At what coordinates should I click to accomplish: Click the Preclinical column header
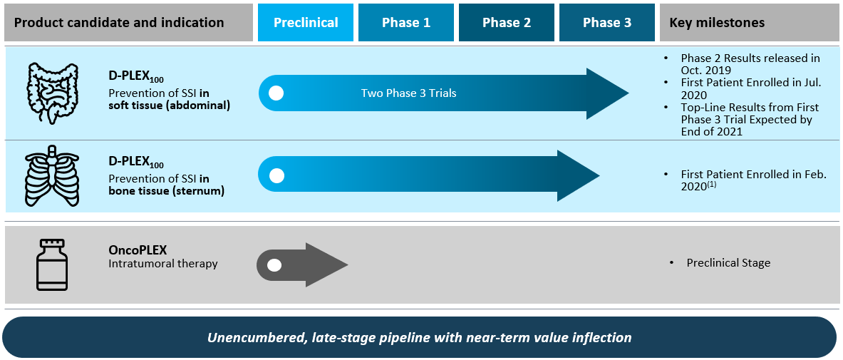(306, 23)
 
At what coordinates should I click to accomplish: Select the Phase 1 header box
(406, 23)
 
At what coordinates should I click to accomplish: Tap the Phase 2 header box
(507, 23)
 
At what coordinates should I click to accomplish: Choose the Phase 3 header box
(607, 23)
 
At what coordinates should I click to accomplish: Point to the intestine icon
(52, 93)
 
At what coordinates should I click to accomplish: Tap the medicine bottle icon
(52, 264)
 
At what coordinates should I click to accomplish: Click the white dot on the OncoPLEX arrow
(274, 265)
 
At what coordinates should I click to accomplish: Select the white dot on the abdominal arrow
(276, 93)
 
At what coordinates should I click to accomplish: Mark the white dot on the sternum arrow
(276, 175)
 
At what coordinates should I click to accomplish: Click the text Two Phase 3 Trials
(408, 93)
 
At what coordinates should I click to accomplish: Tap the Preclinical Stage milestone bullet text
(728, 263)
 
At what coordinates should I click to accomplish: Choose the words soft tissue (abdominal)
(170, 106)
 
